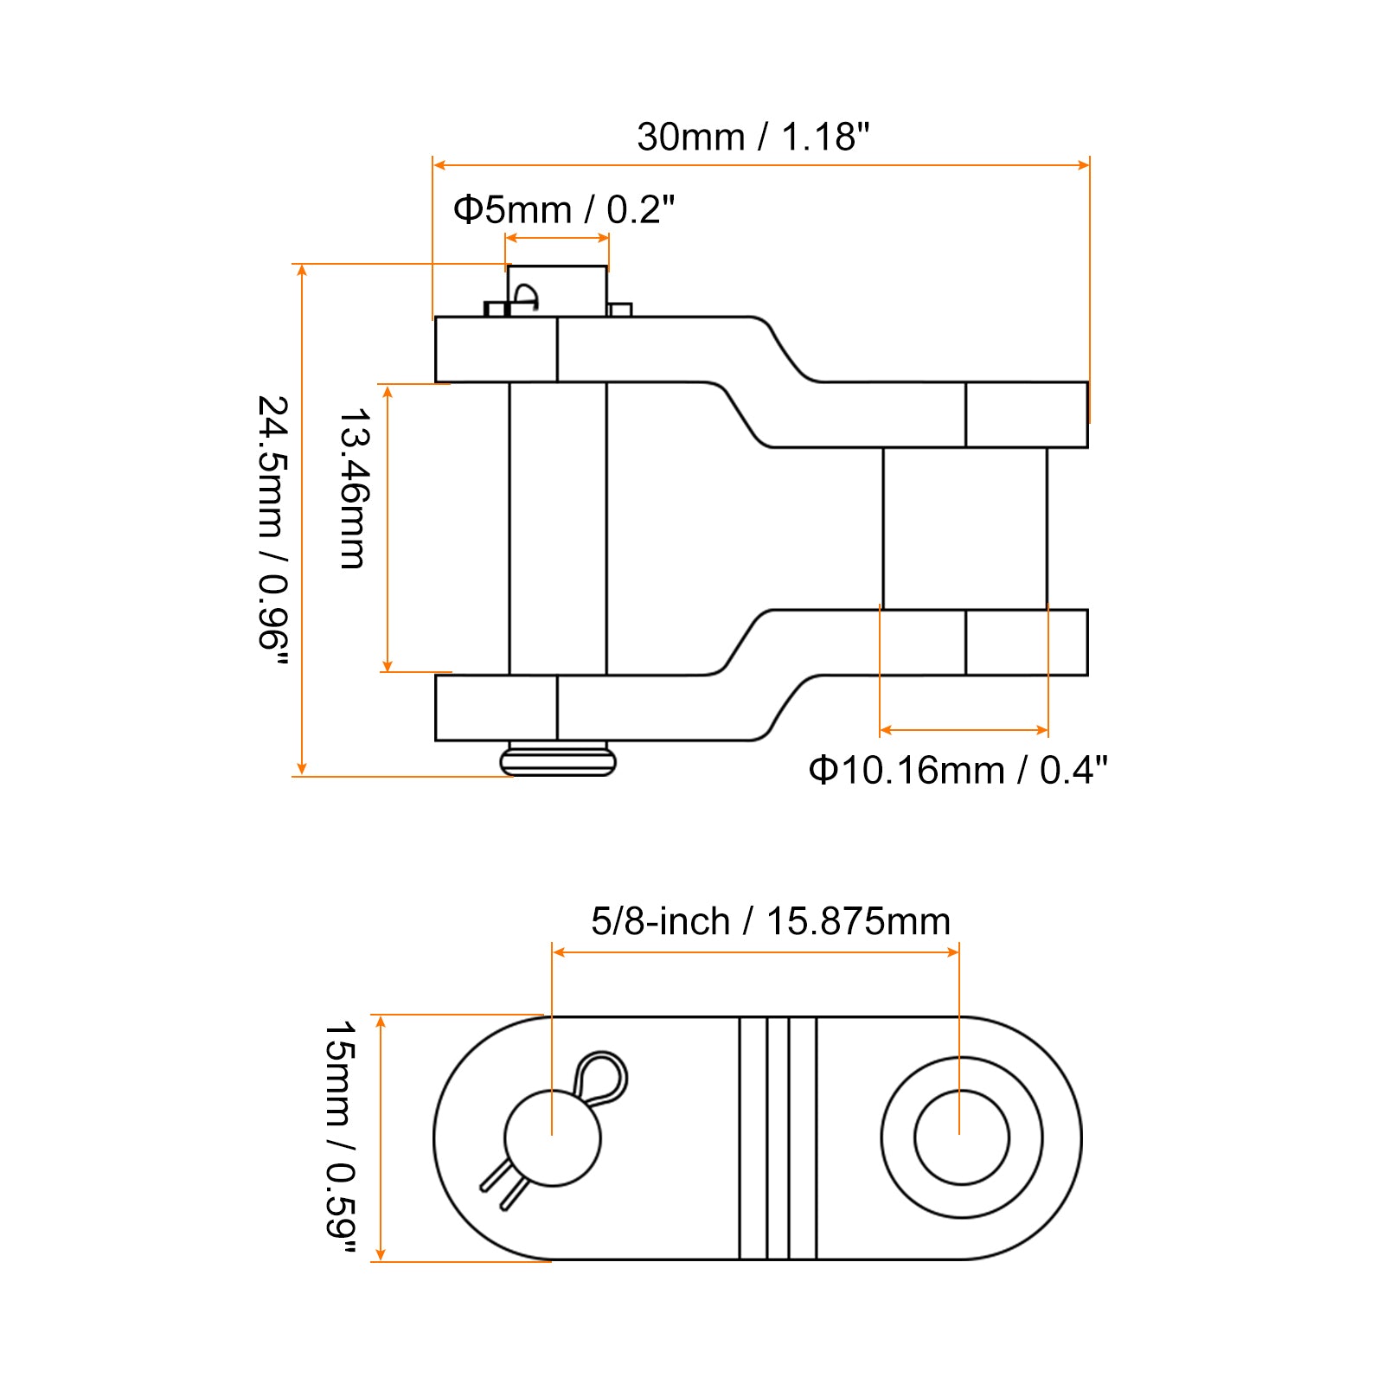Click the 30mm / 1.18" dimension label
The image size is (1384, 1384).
(x=753, y=137)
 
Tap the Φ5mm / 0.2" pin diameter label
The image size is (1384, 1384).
(x=564, y=209)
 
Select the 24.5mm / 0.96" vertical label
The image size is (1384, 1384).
(x=273, y=530)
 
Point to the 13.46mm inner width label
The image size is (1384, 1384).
(x=354, y=489)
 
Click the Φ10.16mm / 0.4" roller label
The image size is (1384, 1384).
(x=958, y=770)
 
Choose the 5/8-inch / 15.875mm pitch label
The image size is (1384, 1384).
(x=771, y=921)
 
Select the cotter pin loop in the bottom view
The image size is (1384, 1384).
(x=600, y=1077)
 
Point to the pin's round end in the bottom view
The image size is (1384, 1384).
(x=552, y=1137)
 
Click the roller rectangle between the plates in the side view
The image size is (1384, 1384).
(x=964, y=529)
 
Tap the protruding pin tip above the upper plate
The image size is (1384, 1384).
(x=557, y=291)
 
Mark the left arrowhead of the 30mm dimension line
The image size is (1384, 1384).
(x=439, y=164)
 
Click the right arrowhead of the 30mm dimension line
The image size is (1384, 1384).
(x=1084, y=164)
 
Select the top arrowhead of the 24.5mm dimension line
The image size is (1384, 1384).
(x=302, y=270)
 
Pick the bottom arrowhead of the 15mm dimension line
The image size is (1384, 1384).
(x=381, y=1254)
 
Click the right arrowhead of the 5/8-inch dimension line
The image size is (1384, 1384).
(x=953, y=952)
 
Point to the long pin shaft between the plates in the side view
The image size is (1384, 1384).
(x=558, y=529)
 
